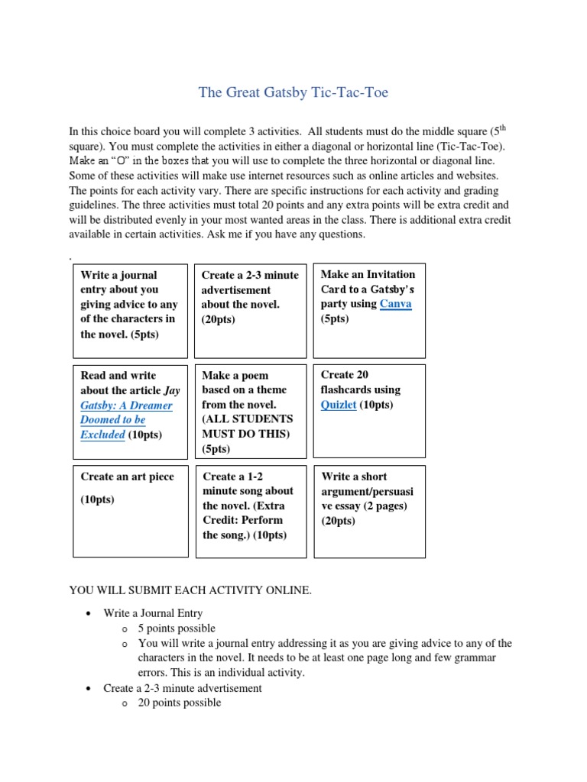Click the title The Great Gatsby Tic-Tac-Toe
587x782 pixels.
pyautogui.click(x=293, y=93)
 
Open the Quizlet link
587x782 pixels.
pyautogui.click(x=338, y=405)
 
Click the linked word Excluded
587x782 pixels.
pyautogui.click(x=102, y=435)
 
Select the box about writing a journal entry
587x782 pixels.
pyautogui.click(x=130, y=311)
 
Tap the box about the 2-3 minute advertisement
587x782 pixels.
pyautogui.click(x=250, y=311)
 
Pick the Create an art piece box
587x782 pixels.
pyautogui.click(x=130, y=511)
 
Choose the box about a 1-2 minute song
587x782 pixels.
pyautogui.click(x=250, y=511)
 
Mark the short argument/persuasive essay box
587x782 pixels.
pyautogui.click(x=369, y=511)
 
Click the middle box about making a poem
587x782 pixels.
pyautogui.click(x=250, y=412)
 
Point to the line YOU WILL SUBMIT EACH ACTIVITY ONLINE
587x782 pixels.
pyautogui.click(x=190, y=590)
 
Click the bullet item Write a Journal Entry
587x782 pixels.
pyautogui.click(x=153, y=613)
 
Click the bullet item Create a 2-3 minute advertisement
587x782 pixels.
pyautogui.click(x=183, y=688)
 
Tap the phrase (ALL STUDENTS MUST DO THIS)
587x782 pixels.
pyautogui.click(x=247, y=426)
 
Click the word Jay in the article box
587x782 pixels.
pyautogui.click(x=172, y=390)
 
